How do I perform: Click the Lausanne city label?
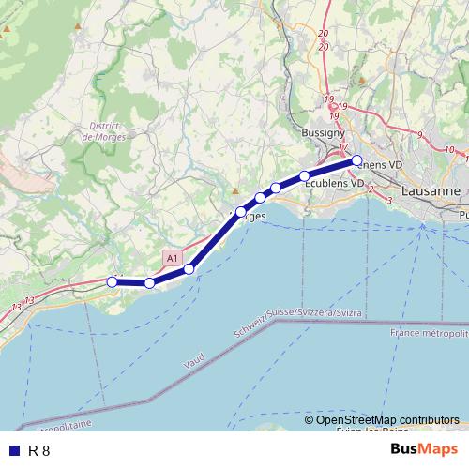[430, 190]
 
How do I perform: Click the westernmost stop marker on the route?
[113, 280]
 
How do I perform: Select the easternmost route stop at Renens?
[356, 160]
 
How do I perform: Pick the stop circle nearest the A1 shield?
[189, 269]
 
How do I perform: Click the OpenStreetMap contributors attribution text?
[387, 419]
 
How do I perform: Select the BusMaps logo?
[424, 449]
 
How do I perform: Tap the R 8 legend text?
[39, 450]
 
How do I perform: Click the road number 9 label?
[420, 135]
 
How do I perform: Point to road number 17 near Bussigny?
[343, 147]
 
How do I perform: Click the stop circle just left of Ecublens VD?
[305, 176]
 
